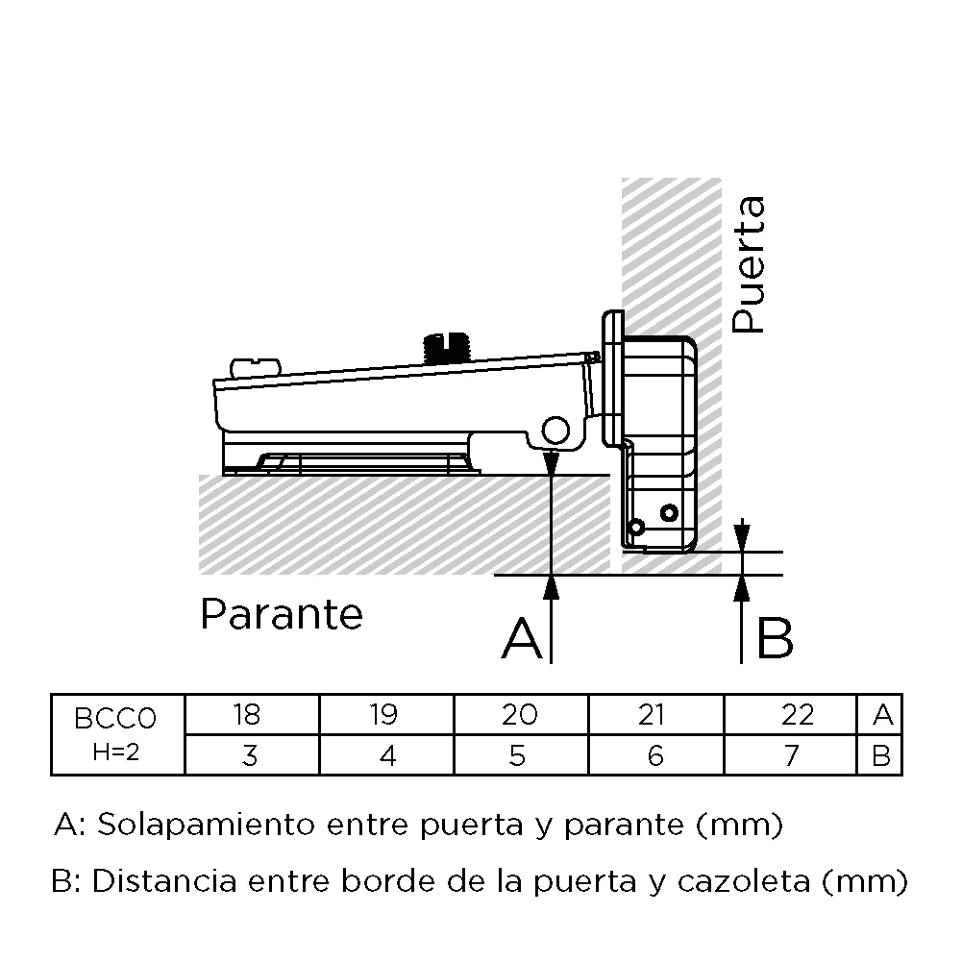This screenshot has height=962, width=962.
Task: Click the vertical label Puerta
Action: [x=749, y=265]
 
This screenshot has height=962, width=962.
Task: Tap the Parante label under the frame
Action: [x=282, y=614]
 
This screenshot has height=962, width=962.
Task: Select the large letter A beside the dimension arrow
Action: [x=522, y=639]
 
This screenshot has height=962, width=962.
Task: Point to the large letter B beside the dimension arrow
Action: [x=776, y=639]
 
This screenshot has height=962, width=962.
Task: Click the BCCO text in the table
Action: [x=115, y=719]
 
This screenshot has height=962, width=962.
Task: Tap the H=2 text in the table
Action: [x=116, y=752]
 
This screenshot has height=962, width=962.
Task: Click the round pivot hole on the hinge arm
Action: [x=555, y=430]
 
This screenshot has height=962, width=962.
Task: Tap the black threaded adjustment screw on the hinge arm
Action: [x=446, y=348]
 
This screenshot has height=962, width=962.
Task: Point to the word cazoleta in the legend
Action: [x=744, y=881]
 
